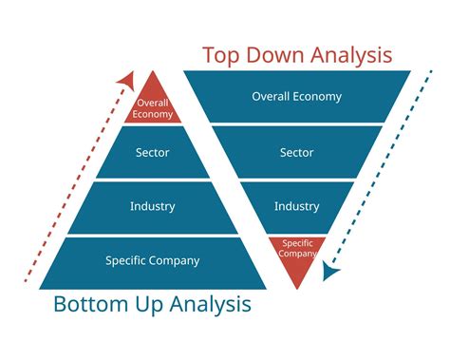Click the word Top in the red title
[x=220, y=55]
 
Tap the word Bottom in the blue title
[x=99, y=305]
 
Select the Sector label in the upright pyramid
[x=152, y=153]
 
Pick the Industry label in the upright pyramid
[x=152, y=206]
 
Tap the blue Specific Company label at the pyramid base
[x=153, y=259]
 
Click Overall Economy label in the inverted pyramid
[x=296, y=96]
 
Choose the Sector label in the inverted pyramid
[x=296, y=152]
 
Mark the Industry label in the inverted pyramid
[x=296, y=206]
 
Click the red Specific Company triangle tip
[x=297, y=251]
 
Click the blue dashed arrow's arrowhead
[x=328, y=274]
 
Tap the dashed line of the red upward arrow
[x=71, y=180]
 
